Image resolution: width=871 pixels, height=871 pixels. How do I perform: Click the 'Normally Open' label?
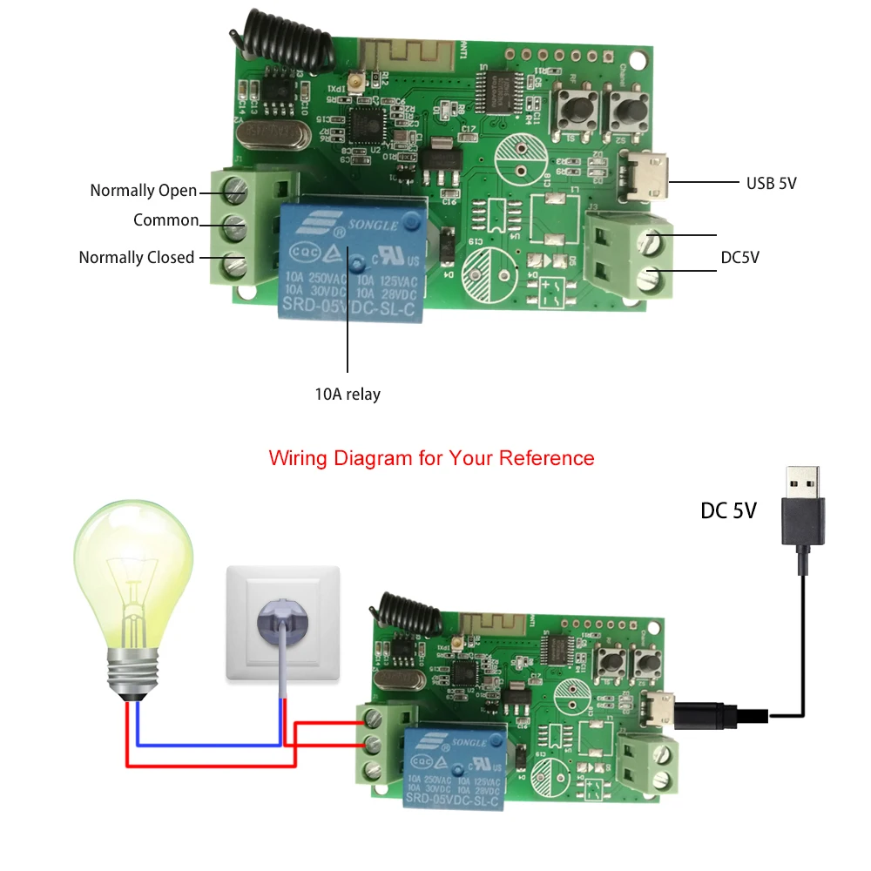pos(144,191)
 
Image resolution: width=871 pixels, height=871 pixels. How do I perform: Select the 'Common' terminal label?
pos(165,220)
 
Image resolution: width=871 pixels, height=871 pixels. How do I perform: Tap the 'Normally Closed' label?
pos(137,258)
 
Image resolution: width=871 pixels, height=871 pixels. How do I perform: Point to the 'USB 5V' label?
pos(771,183)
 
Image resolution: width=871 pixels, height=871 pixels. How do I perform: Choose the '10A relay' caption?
pos(348,395)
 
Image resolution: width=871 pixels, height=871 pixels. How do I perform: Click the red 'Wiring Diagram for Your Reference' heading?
pos(431,458)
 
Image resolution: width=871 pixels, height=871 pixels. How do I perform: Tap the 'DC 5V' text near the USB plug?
pos(728,511)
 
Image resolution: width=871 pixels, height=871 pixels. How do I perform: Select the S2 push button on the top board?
pos(625,111)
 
